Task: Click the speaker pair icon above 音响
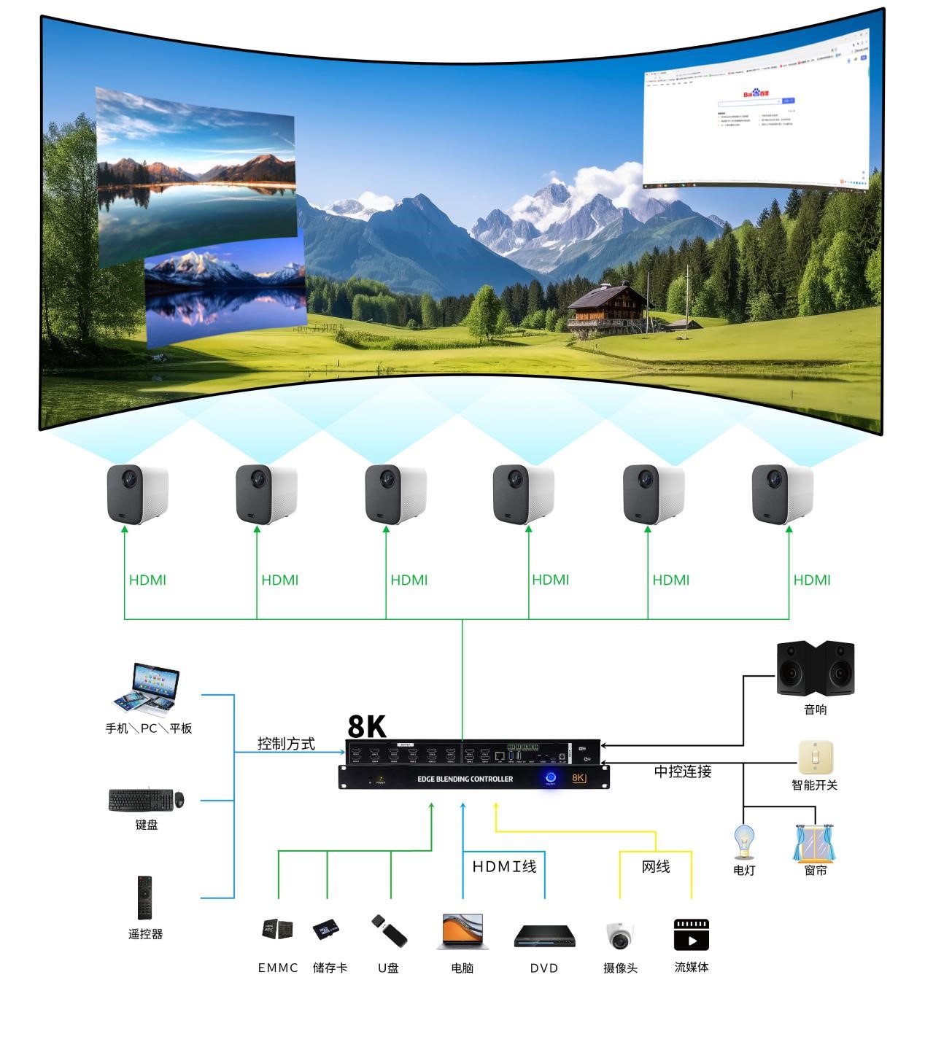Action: (815, 668)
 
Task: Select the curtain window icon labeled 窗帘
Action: (815, 843)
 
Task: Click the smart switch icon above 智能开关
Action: (815, 758)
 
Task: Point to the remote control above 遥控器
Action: (144, 898)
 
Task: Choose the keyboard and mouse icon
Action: (146, 800)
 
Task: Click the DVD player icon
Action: (544, 936)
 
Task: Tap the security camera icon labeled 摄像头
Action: (619, 936)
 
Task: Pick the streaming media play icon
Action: (691, 935)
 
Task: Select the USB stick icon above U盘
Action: (389, 931)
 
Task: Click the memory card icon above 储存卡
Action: (327, 930)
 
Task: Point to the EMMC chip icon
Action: (277, 929)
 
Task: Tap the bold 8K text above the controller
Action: (367, 726)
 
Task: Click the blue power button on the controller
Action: (551, 778)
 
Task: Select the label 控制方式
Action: (286, 744)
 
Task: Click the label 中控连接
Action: (682, 771)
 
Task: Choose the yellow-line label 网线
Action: (656, 867)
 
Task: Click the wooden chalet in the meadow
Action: (608, 308)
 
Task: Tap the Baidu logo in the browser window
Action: (756, 93)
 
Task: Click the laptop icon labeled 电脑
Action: (462, 932)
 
